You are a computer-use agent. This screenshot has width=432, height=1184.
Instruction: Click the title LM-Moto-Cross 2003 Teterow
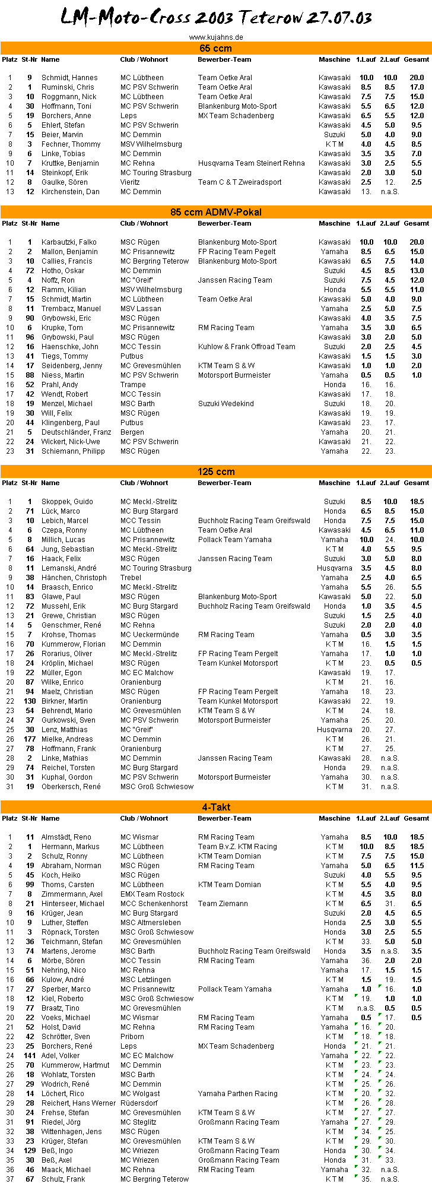pos(216,18)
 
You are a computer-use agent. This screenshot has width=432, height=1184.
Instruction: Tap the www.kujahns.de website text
pos(216,37)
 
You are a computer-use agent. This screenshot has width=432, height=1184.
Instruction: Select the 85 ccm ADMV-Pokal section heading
pos(216,212)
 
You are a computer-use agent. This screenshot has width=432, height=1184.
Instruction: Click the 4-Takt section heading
pos(216,807)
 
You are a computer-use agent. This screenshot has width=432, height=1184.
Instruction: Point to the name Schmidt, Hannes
pos(69,78)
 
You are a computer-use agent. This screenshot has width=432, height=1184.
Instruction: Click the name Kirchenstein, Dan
pos(70,192)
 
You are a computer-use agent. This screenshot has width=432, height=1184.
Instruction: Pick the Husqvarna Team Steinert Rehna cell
pos(251,163)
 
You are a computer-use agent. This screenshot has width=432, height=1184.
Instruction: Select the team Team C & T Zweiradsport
pos(240,182)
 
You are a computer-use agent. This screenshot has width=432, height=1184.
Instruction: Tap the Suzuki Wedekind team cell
pos(225,404)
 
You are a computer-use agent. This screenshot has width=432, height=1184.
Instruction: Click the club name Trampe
pos(133,385)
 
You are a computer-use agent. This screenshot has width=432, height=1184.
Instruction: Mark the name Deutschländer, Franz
pos(76,432)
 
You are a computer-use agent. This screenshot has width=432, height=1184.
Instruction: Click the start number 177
pos(30,739)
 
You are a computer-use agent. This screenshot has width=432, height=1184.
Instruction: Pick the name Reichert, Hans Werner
pos(78,1103)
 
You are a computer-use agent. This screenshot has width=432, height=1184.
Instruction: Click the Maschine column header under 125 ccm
pos(334,483)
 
